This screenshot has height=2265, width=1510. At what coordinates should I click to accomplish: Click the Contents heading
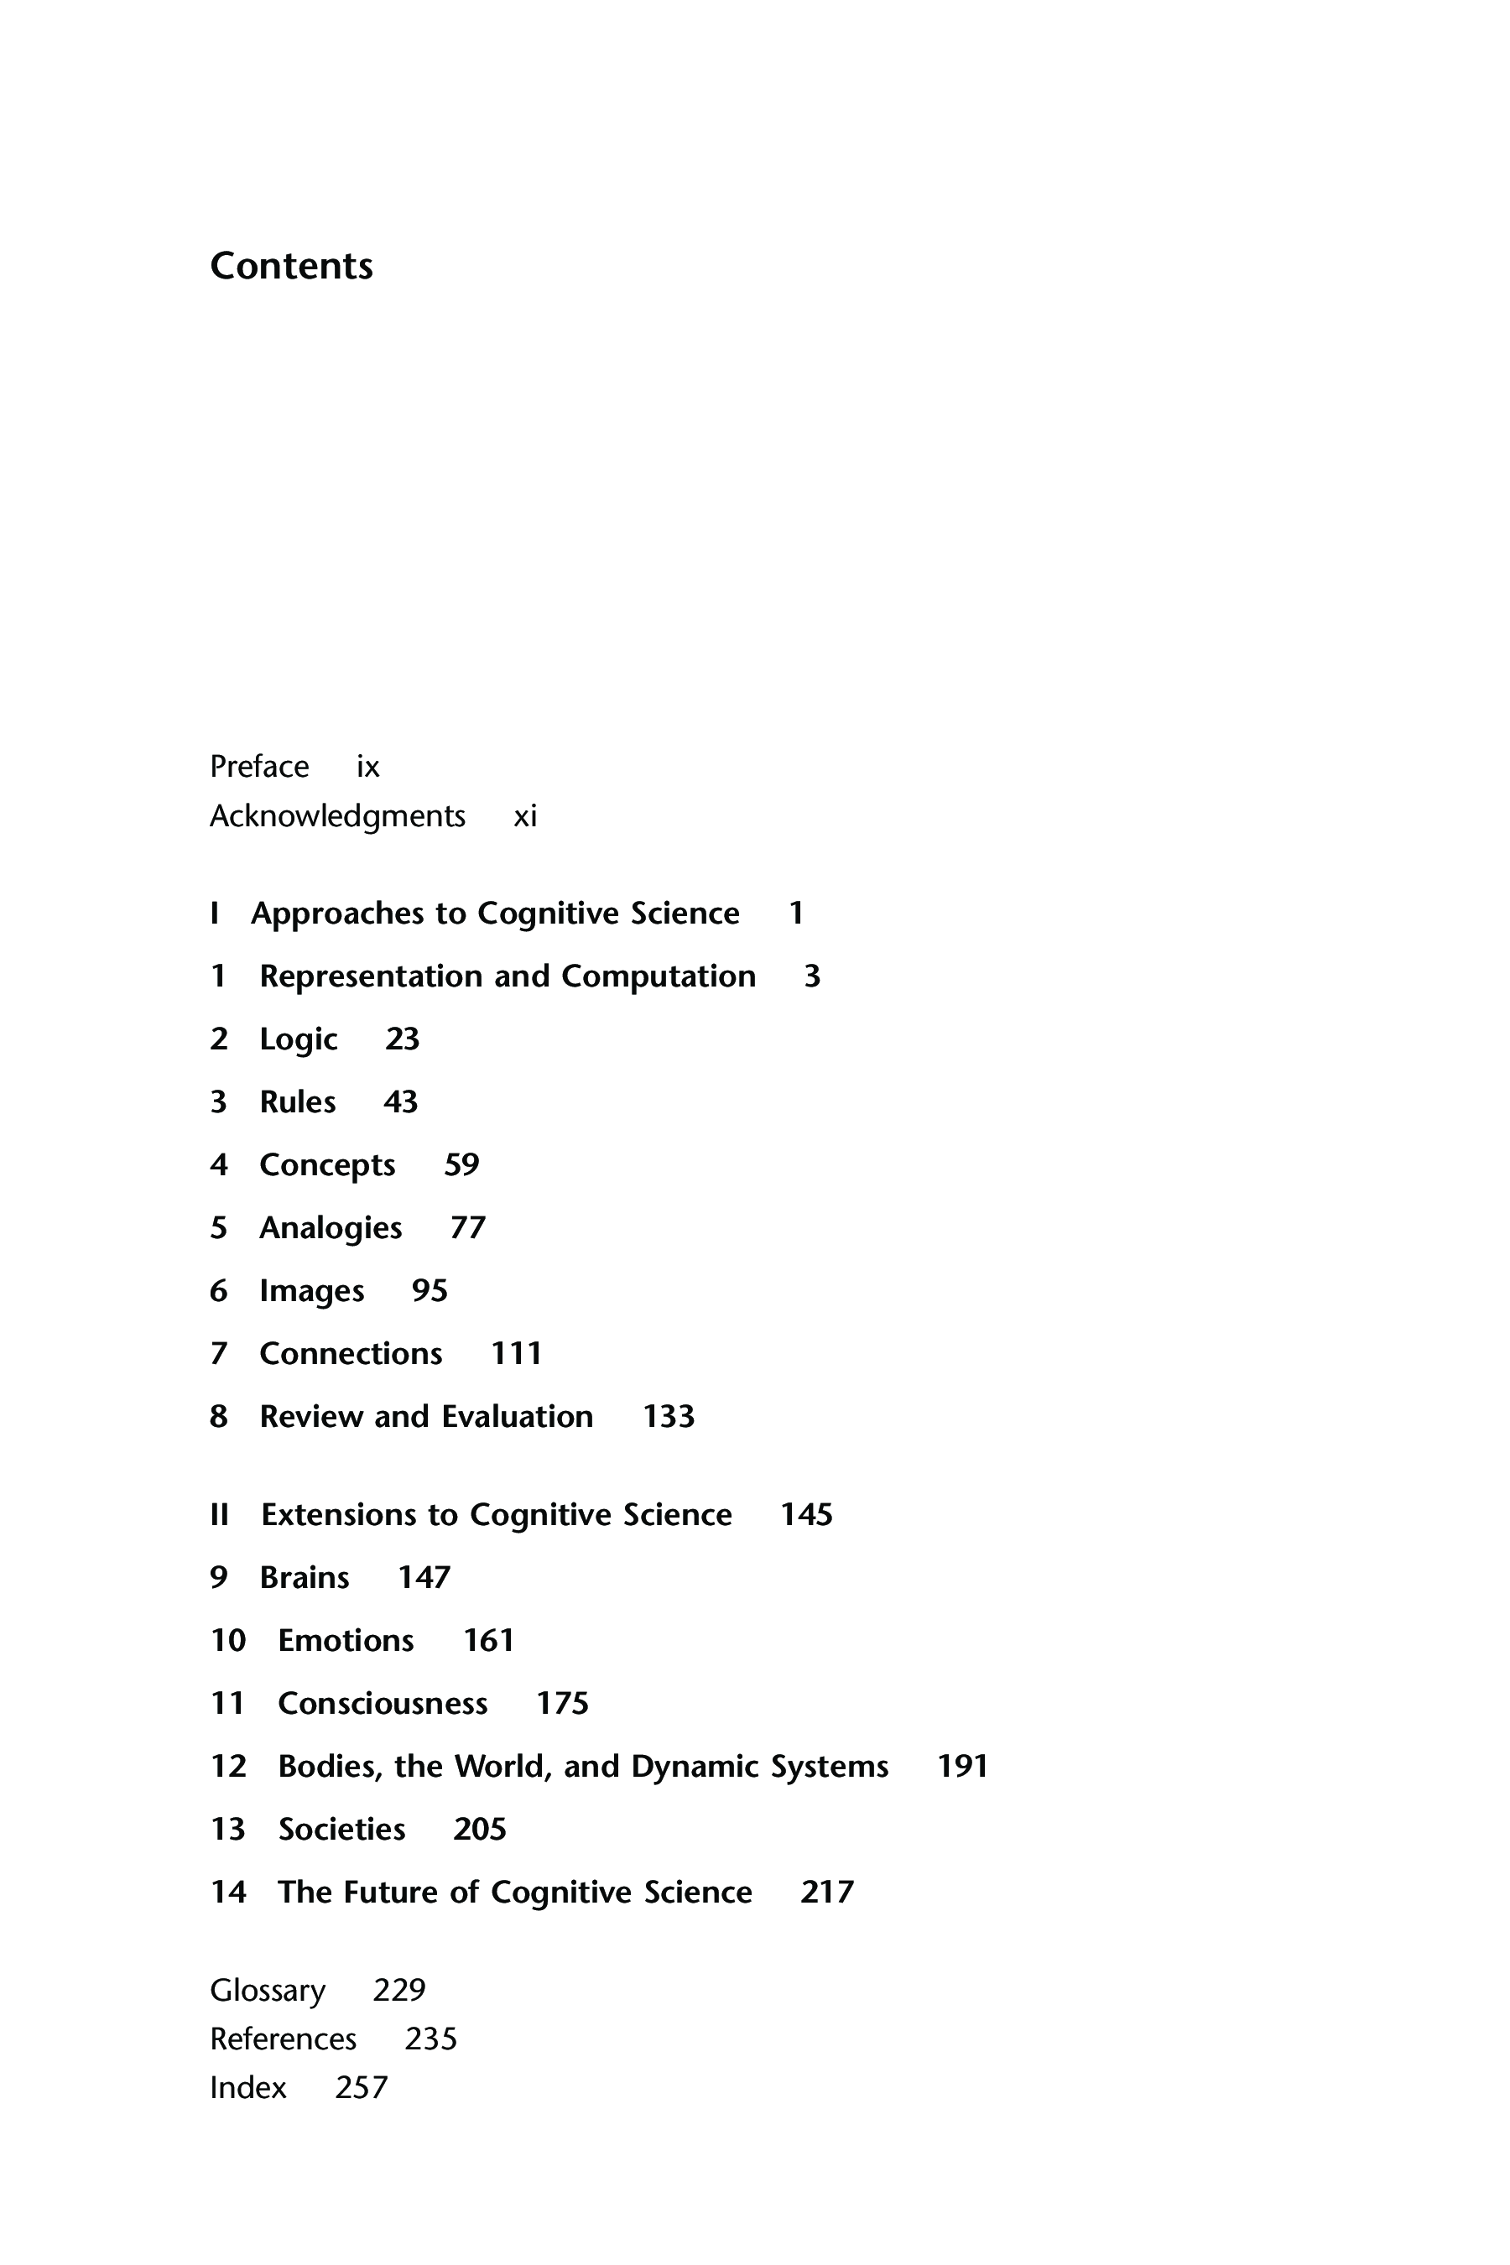coord(291,266)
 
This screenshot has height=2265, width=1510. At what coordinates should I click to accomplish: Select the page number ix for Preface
coord(368,767)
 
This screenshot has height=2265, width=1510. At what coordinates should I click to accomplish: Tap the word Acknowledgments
coord(337,816)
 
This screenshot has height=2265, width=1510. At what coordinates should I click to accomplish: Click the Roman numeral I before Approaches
coord(214,913)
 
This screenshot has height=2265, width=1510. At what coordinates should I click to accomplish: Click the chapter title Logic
coord(299,1040)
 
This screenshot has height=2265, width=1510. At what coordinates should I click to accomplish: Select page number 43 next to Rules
coord(401,1101)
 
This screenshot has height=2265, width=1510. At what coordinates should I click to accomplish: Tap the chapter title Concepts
coord(327,1165)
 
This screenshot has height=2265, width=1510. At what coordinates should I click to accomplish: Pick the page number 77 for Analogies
coord(468,1228)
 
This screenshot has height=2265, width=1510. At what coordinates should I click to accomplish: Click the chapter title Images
coord(312,1291)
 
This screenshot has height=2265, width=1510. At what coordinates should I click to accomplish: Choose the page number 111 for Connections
coord(516,1354)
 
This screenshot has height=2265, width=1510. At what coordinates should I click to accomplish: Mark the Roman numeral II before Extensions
coord(220,1515)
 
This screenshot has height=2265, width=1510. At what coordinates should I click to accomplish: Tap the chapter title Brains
coord(305,1577)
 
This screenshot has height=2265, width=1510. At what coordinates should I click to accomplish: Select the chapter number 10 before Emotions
coord(228,1640)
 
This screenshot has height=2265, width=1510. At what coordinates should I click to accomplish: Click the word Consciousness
coord(383,1704)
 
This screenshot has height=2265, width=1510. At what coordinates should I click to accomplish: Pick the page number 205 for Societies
coord(480,1829)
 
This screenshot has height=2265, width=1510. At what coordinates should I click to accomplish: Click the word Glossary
coord(268,1990)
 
